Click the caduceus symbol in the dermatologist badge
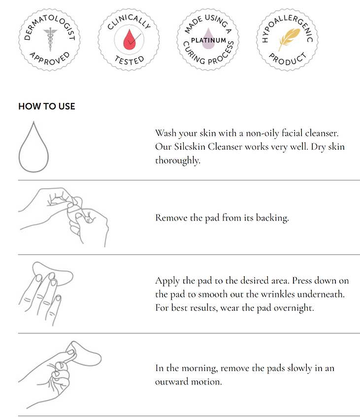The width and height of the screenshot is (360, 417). click(50, 39)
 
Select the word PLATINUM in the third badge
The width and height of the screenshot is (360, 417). click(209, 40)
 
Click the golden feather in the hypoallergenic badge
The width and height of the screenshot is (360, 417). click(289, 39)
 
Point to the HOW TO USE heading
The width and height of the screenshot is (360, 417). click(47, 106)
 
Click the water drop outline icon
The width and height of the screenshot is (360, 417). click(33, 147)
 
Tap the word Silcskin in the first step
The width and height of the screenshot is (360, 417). click(190, 147)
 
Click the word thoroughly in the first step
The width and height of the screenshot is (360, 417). click(177, 160)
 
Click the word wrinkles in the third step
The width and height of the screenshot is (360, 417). click(278, 294)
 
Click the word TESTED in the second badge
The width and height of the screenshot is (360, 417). click(130, 61)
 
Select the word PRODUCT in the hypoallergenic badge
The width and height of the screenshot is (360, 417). click(288, 59)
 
